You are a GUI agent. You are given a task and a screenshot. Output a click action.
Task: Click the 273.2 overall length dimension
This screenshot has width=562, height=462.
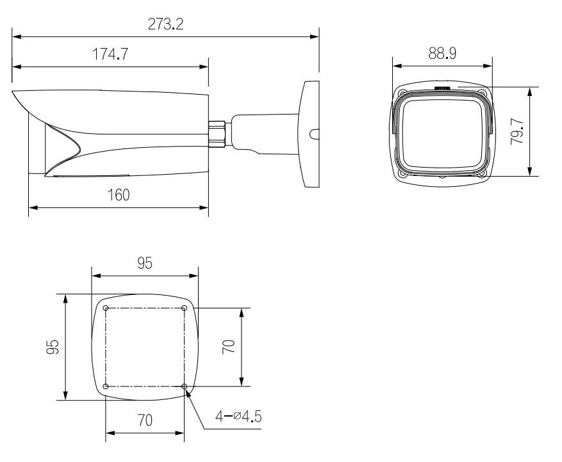click(165, 24)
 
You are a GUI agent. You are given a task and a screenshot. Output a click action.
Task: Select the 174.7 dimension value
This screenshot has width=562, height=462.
click(110, 54)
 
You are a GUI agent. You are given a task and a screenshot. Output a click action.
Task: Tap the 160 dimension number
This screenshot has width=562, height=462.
click(119, 195)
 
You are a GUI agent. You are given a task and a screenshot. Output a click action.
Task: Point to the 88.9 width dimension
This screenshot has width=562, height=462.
click(442, 53)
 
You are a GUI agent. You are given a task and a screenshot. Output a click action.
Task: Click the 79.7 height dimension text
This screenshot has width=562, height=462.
click(517, 131)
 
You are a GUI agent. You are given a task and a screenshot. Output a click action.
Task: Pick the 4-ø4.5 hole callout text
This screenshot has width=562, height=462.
click(238, 417)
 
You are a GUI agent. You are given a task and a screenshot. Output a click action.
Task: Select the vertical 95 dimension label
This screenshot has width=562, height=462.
click(53, 347)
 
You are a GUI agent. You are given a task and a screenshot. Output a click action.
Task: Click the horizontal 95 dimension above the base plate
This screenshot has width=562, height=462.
click(145, 263)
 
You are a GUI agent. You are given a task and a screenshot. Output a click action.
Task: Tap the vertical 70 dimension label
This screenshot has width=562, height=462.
click(229, 347)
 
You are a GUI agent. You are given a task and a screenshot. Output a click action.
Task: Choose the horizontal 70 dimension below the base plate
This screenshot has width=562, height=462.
click(145, 420)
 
